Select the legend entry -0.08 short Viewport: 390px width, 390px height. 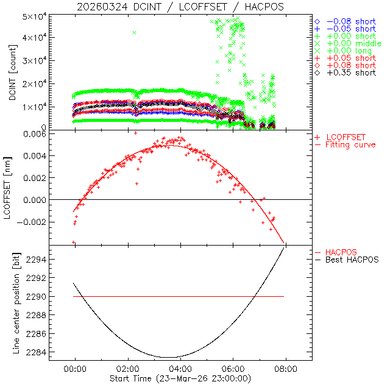coord(351,21)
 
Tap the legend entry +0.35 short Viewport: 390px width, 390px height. coord(351,73)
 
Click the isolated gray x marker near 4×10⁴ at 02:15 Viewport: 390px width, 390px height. coord(134,32)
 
